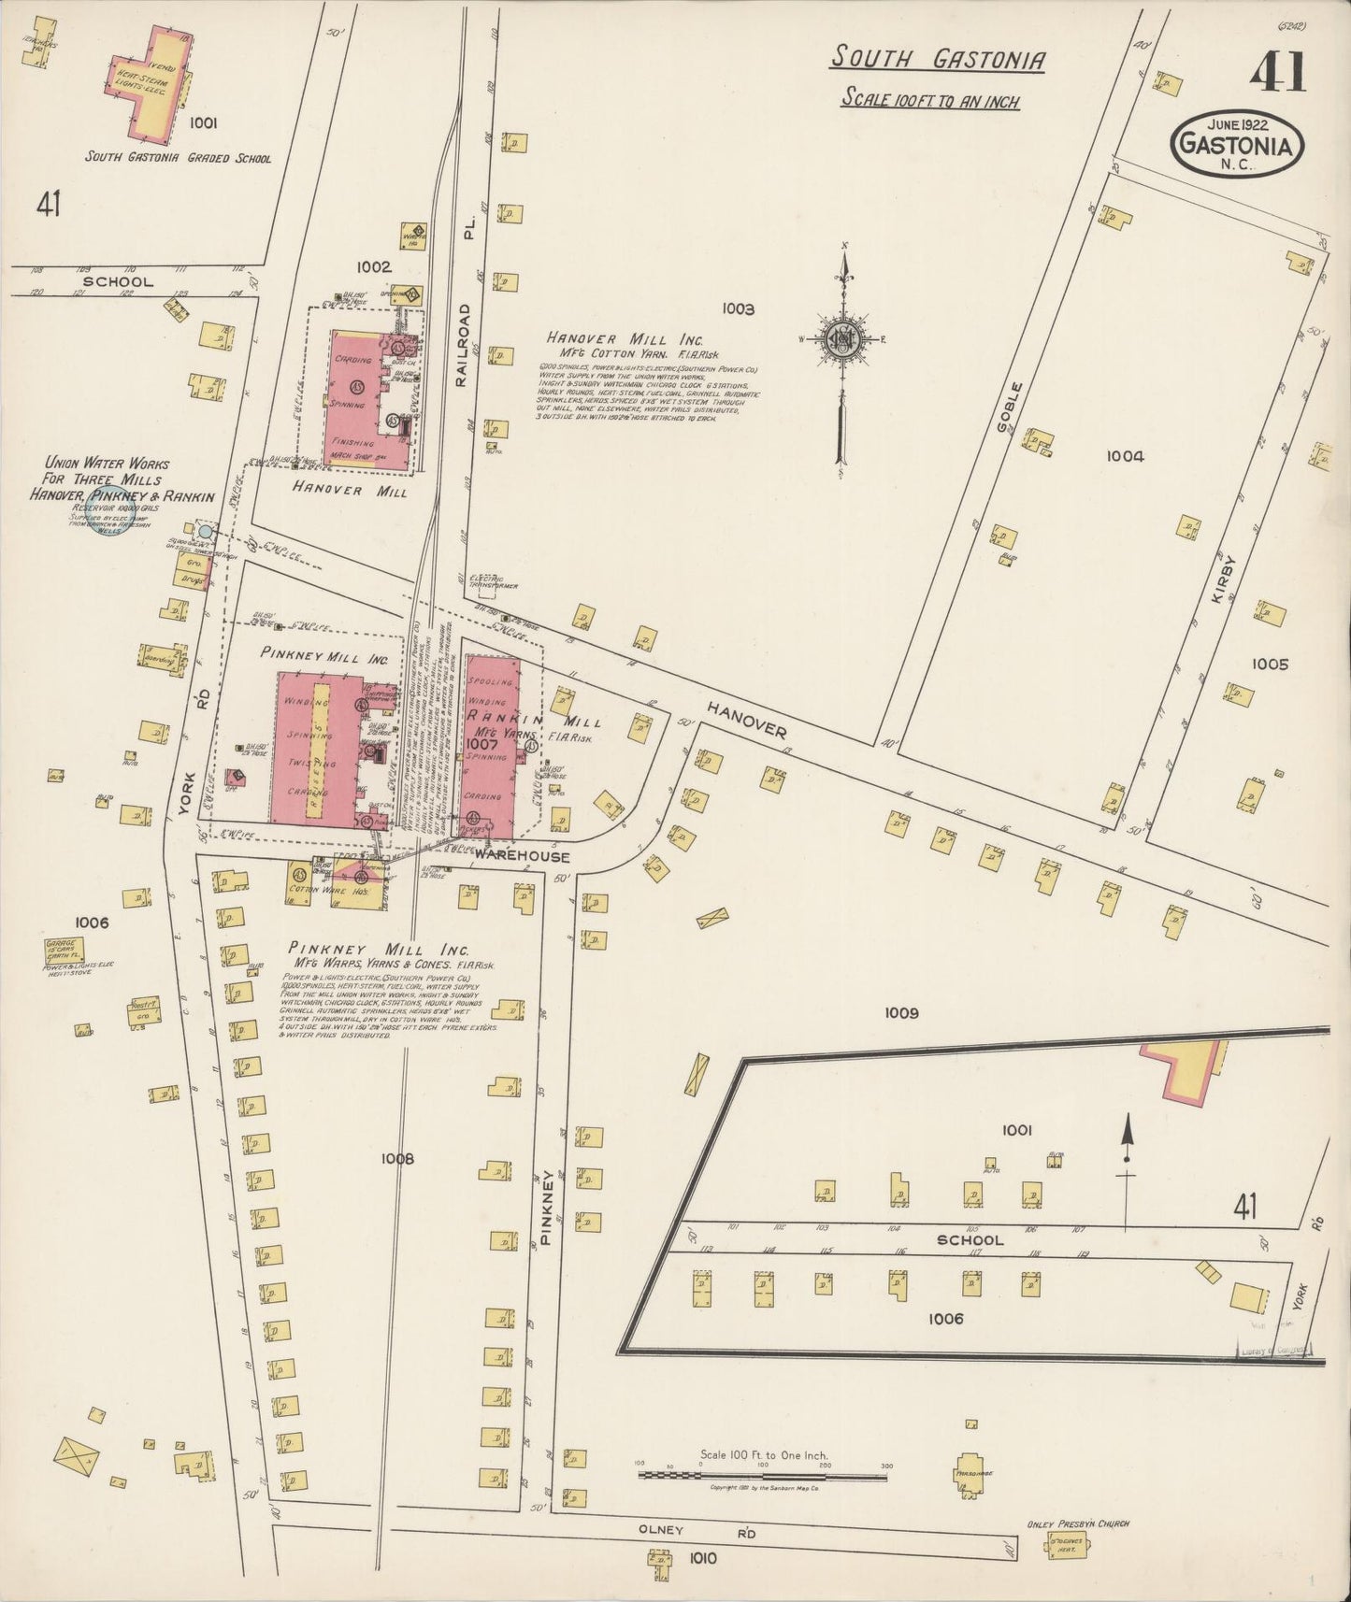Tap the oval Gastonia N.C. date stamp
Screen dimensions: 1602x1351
coord(1238,143)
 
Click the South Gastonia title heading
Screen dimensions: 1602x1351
coord(938,60)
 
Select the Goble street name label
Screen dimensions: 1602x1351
coord(1004,407)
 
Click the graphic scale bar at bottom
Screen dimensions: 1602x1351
coord(762,1476)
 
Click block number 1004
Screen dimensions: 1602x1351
coord(1125,456)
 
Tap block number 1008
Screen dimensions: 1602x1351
coord(396,1158)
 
